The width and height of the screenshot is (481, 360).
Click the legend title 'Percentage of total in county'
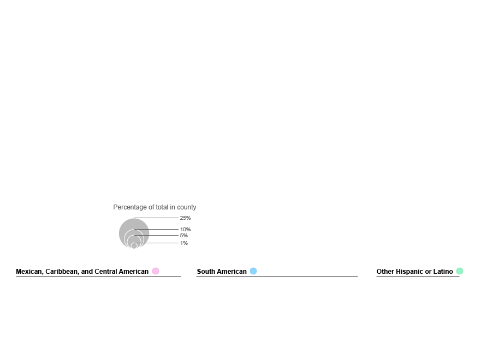tap(155, 207)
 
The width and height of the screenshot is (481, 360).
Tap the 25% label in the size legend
tap(185, 218)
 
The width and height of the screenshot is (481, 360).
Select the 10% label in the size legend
tap(185, 230)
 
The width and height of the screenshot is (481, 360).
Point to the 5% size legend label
tap(184, 236)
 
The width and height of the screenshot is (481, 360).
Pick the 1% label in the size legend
tap(184, 243)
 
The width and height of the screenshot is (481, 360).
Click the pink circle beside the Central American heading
tap(156, 271)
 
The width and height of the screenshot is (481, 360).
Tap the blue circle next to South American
tap(253, 271)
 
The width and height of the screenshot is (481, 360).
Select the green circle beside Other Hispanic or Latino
tap(460, 271)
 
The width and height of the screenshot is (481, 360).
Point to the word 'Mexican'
tap(29, 272)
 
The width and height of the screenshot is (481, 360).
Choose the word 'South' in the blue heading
tap(206, 272)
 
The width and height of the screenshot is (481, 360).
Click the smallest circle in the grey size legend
tap(134, 245)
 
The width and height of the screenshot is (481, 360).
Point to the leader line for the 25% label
tap(156, 218)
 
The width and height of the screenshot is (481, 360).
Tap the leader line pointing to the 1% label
tap(156, 243)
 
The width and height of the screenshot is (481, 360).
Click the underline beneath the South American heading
tap(277, 277)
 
